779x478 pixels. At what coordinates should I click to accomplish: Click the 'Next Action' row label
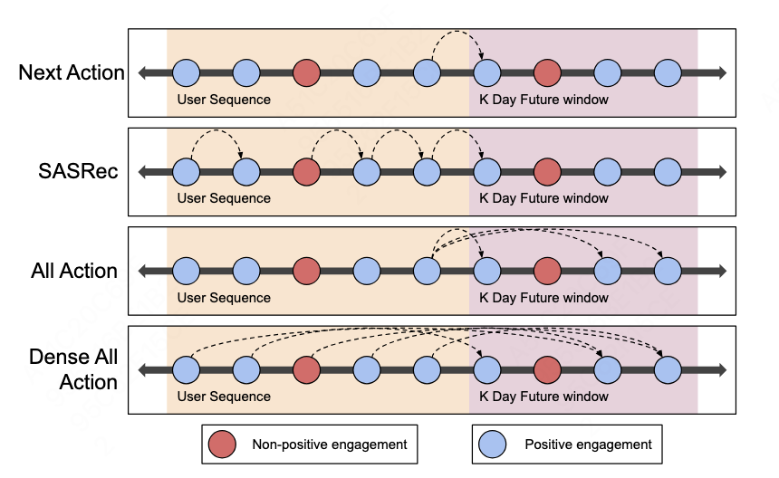click(72, 72)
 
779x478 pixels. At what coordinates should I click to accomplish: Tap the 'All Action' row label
click(74, 271)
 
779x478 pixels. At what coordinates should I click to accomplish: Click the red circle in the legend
click(222, 444)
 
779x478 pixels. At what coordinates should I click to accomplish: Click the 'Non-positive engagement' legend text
click(329, 445)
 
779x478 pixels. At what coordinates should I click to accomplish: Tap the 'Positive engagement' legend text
click(588, 445)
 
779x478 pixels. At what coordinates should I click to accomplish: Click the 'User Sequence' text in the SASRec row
click(224, 198)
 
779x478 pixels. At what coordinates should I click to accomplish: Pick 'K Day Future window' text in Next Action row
click(543, 99)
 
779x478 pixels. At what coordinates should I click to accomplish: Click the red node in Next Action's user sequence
click(307, 72)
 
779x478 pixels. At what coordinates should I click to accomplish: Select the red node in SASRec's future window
click(546, 171)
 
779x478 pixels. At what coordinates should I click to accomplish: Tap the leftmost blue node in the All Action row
click(186, 270)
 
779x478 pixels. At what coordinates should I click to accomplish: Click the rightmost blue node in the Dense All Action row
click(668, 369)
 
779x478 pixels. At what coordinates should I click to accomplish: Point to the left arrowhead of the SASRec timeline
click(143, 171)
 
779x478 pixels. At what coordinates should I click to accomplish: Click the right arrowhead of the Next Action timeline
click(719, 72)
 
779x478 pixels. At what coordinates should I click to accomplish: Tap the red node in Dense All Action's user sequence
click(307, 369)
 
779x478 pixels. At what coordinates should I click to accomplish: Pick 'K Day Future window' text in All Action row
click(543, 297)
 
